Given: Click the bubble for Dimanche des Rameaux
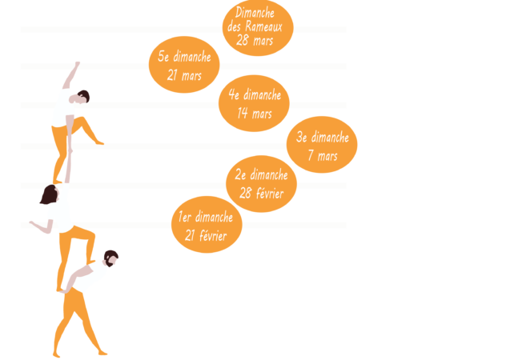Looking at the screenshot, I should (x=258, y=27).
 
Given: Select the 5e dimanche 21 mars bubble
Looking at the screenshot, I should (x=184, y=66).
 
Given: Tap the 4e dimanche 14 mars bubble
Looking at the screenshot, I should (x=254, y=104).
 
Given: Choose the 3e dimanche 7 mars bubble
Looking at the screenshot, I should (x=322, y=145).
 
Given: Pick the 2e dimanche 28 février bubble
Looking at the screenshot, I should (x=261, y=184).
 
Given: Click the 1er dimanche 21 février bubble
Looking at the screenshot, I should (x=206, y=225).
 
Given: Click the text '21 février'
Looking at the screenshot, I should (x=206, y=235).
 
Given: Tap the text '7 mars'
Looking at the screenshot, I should (x=322, y=156).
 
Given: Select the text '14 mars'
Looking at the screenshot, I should (x=254, y=114).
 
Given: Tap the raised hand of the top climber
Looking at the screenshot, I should (x=77, y=63).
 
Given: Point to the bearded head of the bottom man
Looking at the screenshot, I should (x=110, y=258).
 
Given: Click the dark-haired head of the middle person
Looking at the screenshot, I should (x=50, y=194).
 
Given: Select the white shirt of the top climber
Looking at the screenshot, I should (x=62, y=110).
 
